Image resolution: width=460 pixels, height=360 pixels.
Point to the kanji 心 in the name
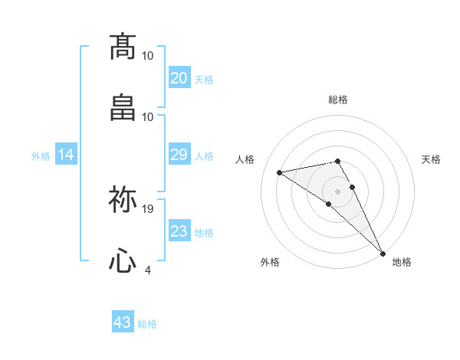pos(123,260)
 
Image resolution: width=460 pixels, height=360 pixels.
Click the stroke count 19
pos(149,208)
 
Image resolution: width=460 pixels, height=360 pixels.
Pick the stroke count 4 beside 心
pos(148,270)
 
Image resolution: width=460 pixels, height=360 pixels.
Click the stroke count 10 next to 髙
pos(148,55)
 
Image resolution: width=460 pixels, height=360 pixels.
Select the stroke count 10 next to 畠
pos(148,116)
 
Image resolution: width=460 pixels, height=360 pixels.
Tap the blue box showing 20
pos(179,78)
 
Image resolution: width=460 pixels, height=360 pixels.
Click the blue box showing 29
pos(179,155)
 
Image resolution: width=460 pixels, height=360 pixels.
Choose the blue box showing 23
pos(179,231)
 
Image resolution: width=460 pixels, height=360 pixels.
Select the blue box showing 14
pos(66,155)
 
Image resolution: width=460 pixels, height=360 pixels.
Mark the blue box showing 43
pos(123,322)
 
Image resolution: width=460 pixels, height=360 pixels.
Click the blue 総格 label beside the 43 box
pos(147,324)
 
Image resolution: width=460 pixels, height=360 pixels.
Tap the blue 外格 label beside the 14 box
pos(41,155)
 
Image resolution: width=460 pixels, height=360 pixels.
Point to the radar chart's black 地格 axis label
pos(402,262)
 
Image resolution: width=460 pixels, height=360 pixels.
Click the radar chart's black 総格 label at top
pos(338,100)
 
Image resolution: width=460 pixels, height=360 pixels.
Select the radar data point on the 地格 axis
pos(383,253)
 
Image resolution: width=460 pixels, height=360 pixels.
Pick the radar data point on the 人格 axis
pos(280,172)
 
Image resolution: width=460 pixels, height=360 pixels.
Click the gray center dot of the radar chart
pos(338,191)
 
